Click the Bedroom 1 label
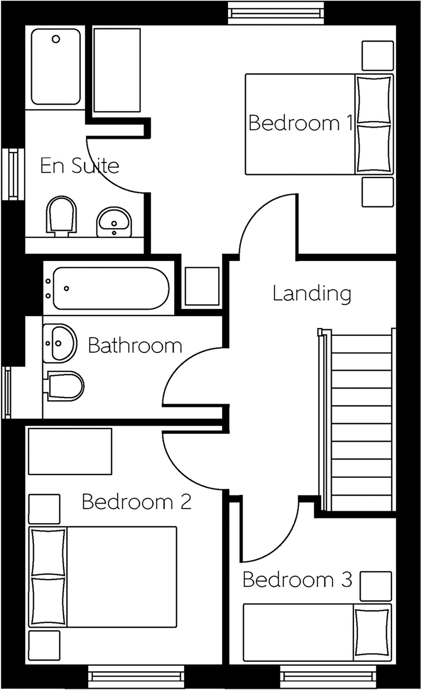300,123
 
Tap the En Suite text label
80,165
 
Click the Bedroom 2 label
137,502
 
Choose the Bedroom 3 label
297,579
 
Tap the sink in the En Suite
114,222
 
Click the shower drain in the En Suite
56,39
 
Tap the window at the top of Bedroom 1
276,13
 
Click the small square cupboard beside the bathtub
202,286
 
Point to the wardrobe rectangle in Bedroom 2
70,451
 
